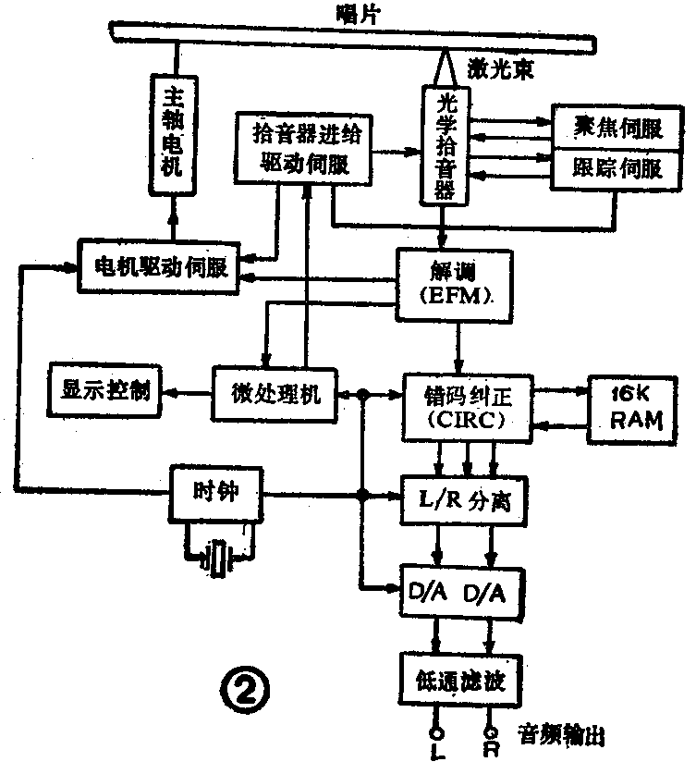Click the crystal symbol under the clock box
click(219, 558)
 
